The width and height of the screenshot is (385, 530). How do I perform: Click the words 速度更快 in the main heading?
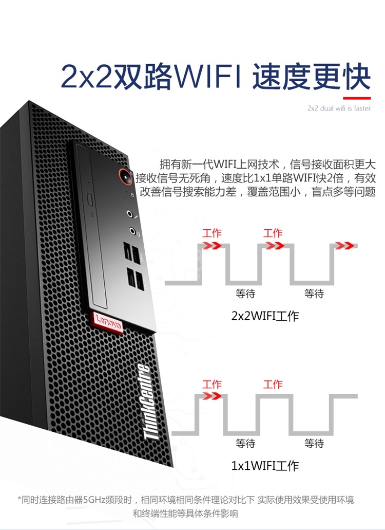(x=312, y=77)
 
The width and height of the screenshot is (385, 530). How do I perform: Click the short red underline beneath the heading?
(x=357, y=97)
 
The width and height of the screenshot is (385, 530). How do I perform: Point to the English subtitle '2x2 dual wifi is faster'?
(x=339, y=108)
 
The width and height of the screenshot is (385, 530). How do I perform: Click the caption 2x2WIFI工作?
(x=265, y=316)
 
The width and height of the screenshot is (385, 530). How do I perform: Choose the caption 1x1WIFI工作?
(x=265, y=466)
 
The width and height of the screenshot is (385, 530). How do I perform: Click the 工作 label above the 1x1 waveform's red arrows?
(x=212, y=385)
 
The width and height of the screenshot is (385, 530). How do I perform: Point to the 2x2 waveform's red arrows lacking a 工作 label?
(x=344, y=245)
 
